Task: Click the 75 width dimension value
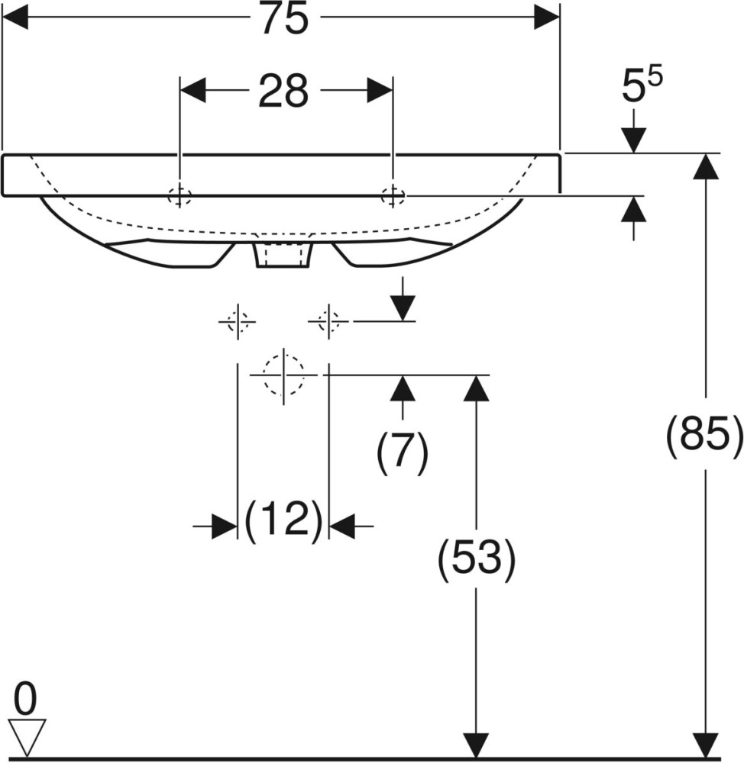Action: (285, 18)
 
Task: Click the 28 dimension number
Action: (283, 91)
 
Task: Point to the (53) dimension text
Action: (477, 559)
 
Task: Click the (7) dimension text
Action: (403, 450)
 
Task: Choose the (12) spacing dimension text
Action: (283, 520)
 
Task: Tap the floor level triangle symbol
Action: (27, 738)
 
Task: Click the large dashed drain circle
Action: (283, 375)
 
